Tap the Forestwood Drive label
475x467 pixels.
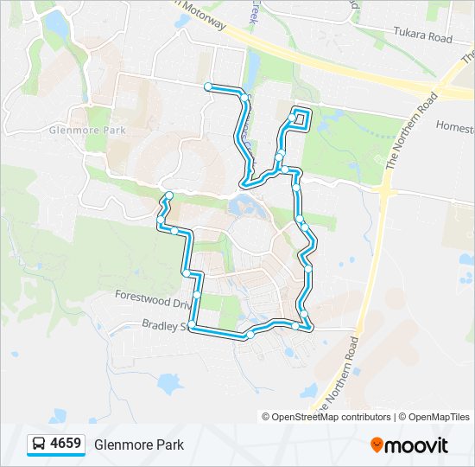tap(152, 295)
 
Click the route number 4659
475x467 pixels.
tap(66, 445)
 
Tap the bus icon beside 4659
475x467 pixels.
tap(39, 445)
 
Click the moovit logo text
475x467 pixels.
tap(418, 445)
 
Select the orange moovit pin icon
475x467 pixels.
tap(377, 445)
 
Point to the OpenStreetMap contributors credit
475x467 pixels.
tap(327, 417)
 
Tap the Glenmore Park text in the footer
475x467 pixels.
tap(139, 445)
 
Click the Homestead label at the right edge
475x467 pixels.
tap(455, 126)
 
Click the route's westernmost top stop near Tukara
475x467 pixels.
tap(208, 86)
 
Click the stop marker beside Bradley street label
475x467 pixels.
tap(192, 325)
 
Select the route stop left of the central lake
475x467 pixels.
tap(169, 195)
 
